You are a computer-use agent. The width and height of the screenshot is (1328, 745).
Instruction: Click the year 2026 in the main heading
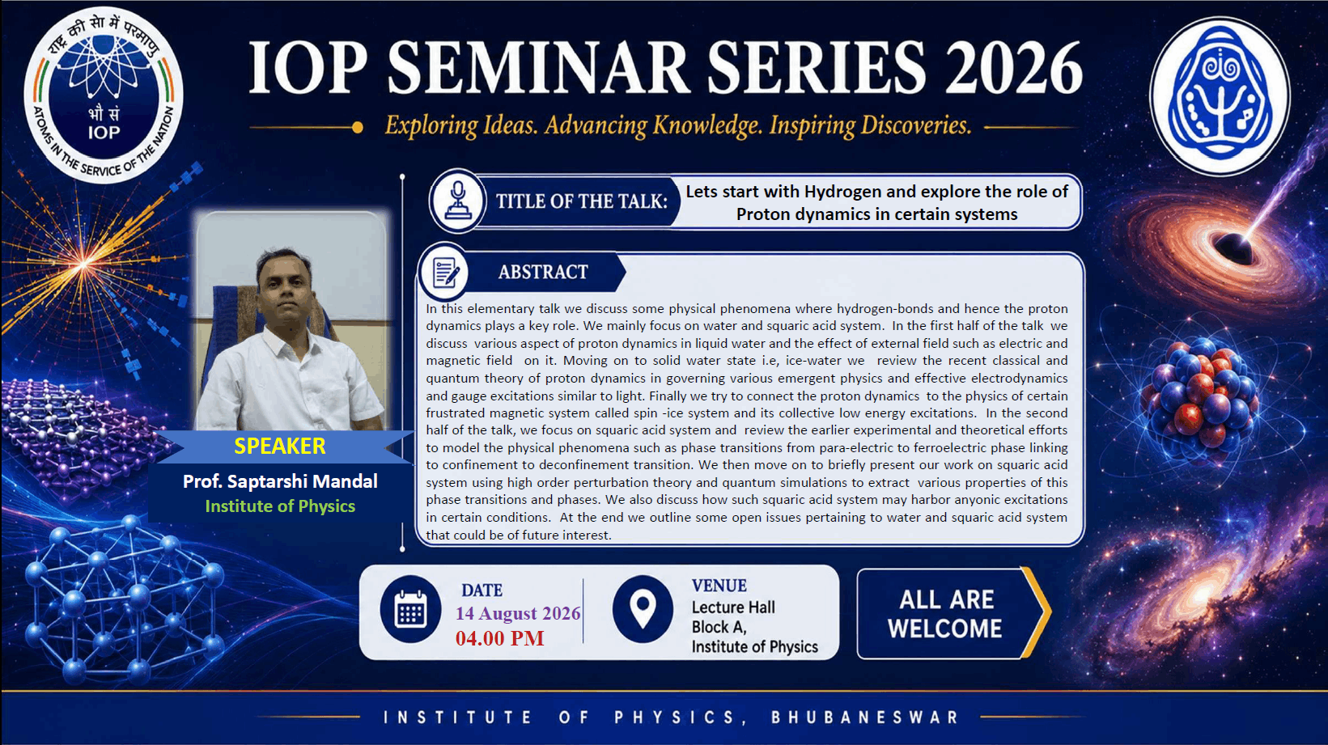[x=1014, y=68]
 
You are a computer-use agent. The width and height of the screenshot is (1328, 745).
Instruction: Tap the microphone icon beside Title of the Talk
[x=458, y=201]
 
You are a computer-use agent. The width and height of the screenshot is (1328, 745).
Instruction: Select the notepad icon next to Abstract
[x=444, y=273]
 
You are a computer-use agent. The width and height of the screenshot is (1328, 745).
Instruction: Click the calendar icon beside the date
[x=410, y=608]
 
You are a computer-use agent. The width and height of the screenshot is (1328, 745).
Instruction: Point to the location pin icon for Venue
[x=643, y=608]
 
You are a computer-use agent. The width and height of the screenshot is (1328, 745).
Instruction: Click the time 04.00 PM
[x=500, y=638]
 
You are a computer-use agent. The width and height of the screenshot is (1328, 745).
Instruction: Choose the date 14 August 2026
[x=518, y=613]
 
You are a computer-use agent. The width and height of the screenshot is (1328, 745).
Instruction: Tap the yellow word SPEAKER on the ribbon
[x=280, y=446]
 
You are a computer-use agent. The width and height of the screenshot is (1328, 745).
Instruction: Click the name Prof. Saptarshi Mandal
[x=280, y=481]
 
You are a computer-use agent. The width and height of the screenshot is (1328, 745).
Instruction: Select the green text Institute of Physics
[x=280, y=506]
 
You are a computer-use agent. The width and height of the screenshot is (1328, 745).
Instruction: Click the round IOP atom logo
[x=104, y=95]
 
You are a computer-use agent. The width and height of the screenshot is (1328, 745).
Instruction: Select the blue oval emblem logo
[x=1220, y=96]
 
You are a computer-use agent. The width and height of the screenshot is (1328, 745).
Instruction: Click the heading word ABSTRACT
[x=543, y=272]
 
